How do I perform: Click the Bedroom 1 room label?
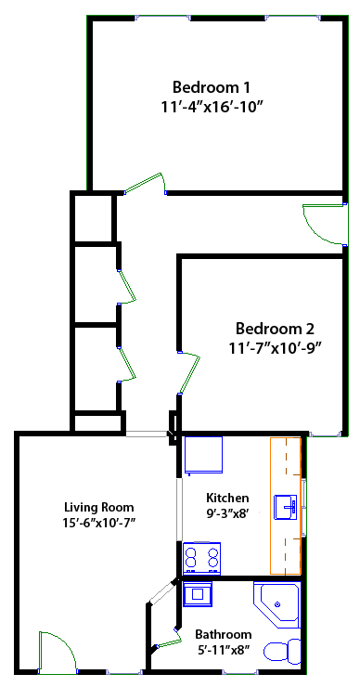212,87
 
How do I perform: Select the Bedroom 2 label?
275,328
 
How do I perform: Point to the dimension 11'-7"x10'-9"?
275,348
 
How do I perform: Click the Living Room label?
99,508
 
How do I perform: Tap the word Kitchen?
227,498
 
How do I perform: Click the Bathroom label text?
224,634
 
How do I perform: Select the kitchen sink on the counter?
285,508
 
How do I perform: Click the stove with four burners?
201,558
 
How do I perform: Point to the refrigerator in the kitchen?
203,455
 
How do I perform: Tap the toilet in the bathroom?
282,651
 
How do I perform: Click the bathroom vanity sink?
198,594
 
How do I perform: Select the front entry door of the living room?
57,652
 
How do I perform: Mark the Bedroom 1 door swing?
146,183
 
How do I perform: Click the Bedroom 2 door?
189,372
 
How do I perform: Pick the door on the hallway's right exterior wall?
324,225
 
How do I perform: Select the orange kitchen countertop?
286,506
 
